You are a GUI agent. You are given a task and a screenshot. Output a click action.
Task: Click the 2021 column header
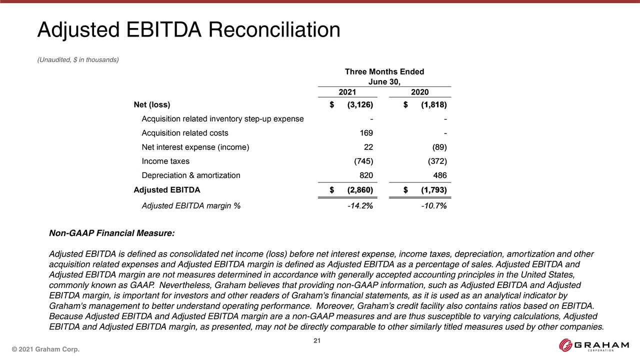(x=347, y=92)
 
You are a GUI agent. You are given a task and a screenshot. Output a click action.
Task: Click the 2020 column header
(x=419, y=92)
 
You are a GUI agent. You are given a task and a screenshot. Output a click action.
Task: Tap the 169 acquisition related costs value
(x=365, y=133)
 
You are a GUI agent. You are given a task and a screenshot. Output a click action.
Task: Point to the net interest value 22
(x=368, y=147)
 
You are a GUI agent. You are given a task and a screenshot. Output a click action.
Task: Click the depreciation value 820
(x=365, y=175)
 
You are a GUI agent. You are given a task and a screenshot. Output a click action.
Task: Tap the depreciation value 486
(x=439, y=175)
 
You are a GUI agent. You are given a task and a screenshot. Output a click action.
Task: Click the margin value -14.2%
(x=360, y=205)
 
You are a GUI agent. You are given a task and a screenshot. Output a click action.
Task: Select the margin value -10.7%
(x=434, y=205)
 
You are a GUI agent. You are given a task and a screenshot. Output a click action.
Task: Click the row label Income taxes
(x=165, y=161)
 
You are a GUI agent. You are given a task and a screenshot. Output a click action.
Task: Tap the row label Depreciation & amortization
(x=190, y=175)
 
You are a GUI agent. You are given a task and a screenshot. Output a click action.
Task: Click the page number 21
(x=316, y=341)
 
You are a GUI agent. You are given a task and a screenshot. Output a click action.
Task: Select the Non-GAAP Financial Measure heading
(x=111, y=233)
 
